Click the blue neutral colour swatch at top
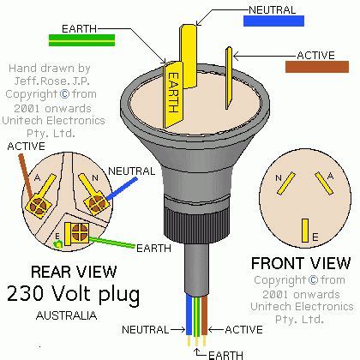[x=273, y=21]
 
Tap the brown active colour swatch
[x=317, y=67]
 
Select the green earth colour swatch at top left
[x=82, y=40]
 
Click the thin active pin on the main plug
[x=229, y=78]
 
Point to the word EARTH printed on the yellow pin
[x=174, y=93]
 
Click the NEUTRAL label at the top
[x=273, y=10]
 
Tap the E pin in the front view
[x=305, y=231]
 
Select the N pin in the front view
[x=285, y=183]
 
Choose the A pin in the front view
[x=324, y=183]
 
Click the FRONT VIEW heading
[x=301, y=263]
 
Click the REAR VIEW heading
[x=74, y=272]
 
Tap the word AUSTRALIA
[x=67, y=315]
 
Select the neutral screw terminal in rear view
[x=96, y=203]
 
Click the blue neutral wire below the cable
[x=189, y=315]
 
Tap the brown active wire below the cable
[x=204, y=315]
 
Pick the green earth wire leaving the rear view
[x=111, y=243]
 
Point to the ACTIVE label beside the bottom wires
[x=243, y=330]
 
